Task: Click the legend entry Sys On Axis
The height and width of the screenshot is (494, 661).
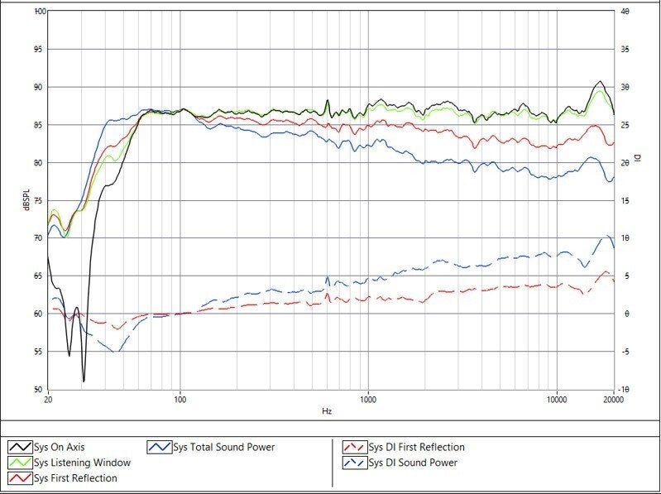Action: click(x=46, y=447)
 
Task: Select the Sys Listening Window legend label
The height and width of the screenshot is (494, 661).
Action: click(x=69, y=463)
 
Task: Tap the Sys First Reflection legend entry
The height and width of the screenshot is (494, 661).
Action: click(x=63, y=478)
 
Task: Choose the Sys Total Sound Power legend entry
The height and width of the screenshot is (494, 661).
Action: click(x=211, y=447)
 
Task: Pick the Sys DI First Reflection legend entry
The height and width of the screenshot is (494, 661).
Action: click(x=404, y=447)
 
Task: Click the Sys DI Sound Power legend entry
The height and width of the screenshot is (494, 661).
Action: click(x=400, y=463)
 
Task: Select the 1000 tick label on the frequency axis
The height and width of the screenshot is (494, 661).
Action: click(x=368, y=399)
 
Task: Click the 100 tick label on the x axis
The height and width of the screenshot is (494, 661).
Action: click(x=180, y=399)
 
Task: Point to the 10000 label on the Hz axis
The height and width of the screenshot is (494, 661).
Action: click(x=557, y=399)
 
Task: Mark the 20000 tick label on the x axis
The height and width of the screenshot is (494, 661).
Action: click(x=613, y=399)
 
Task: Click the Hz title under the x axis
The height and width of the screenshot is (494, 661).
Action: click(x=327, y=411)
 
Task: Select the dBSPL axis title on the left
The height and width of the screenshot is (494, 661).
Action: click(x=26, y=200)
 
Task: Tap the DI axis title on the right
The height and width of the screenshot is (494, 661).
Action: click(x=637, y=158)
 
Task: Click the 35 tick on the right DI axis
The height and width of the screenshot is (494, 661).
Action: click(x=625, y=50)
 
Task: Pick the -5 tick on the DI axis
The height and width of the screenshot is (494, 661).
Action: click(x=625, y=352)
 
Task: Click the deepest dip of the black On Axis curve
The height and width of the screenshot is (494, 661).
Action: click(x=84, y=381)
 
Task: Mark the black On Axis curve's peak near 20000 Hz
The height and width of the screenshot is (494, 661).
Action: click(x=600, y=81)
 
